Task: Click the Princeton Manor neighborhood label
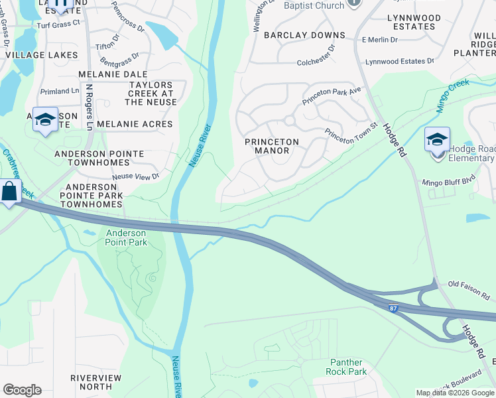pyautogui.click(x=272, y=146)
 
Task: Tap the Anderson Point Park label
pyautogui.click(x=126, y=237)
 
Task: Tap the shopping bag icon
pyautogui.click(x=9, y=192)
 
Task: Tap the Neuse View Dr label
pyautogui.click(x=136, y=176)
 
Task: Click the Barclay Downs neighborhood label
pyautogui.click(x=304, y=35)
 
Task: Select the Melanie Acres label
pyautogui.click(x=134, y=124)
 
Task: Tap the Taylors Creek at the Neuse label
pyautogui.click(x=151, y=94)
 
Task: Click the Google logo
pyautogui.click(x=22, y=390)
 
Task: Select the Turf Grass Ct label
pyautogui.click(x=58, y=23)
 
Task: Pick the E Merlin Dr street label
pyautogui.click(x=379, y=40)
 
